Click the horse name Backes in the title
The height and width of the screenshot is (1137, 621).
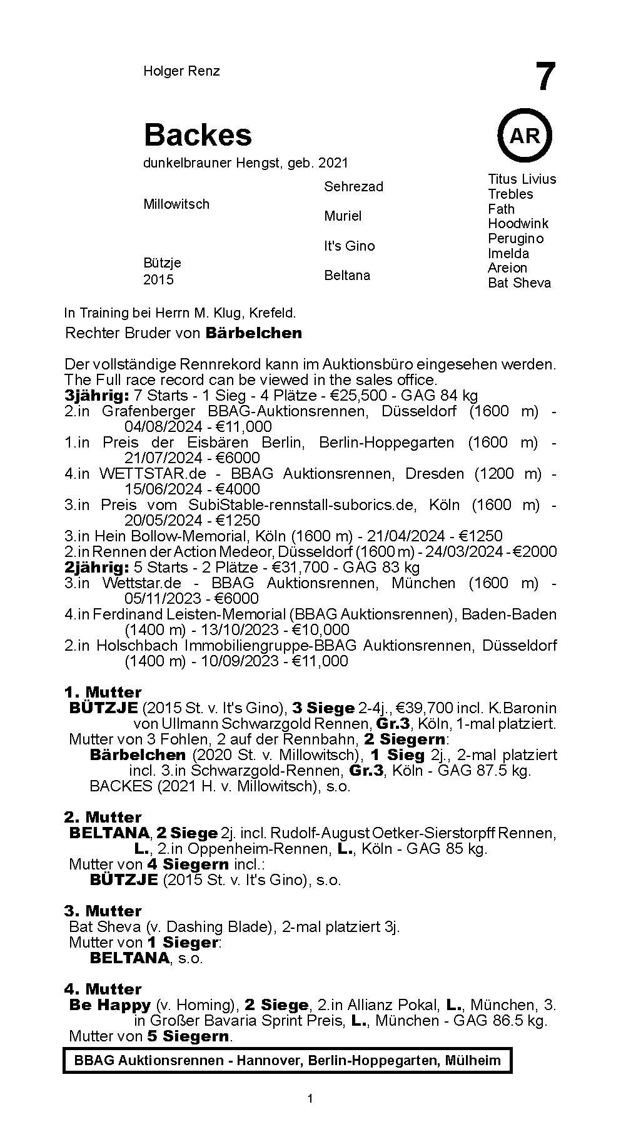198,134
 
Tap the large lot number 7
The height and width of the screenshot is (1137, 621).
545,78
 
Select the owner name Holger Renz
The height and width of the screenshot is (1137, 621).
181,71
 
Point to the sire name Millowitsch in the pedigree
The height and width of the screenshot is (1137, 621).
176,204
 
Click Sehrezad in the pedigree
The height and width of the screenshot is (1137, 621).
353,186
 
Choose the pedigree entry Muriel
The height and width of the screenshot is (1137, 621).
343,216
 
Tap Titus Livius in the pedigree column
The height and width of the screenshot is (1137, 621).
522,179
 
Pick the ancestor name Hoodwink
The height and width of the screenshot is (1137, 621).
518,224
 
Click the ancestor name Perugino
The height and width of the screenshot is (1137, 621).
516,239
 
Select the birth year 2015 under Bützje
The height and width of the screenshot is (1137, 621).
158,280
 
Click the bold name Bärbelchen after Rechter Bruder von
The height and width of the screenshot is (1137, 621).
253,333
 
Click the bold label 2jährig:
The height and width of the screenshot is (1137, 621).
93,568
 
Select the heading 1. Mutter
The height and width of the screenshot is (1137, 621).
103,693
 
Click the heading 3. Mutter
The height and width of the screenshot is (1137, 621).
103,911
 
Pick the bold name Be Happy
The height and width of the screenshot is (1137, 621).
110,1005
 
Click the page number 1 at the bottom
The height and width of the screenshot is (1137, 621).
310,1116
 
